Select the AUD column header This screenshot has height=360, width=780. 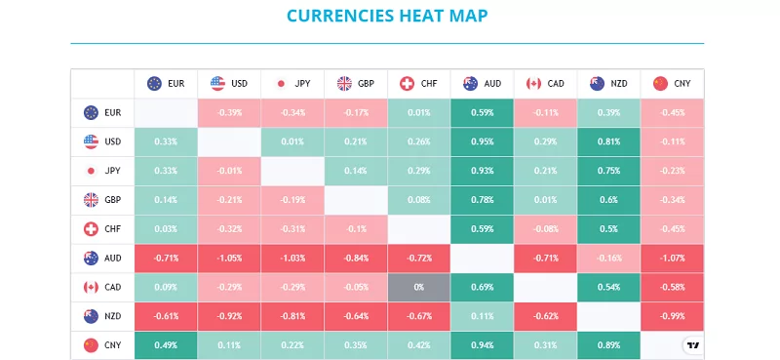click(x=483, y=84)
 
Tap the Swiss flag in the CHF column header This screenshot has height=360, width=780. click(x=407, y=84)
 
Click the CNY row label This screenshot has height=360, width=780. click(x=102, y=345)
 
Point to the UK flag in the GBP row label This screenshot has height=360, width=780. click(x=92, y=200)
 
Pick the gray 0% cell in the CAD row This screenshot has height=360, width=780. click(x=419, y=288)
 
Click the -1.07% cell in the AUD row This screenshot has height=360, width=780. click(x=672, y=259)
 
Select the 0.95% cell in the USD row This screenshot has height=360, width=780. click(x=483, y=141)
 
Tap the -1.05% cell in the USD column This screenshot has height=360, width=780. click(x=229, y=259)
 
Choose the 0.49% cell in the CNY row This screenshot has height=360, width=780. click(x=166, y=345)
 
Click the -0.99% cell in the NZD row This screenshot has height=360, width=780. click(x=672, y=317)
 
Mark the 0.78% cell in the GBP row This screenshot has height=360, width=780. click(x=483, y=200)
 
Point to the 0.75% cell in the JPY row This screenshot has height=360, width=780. click(x=608, y=171)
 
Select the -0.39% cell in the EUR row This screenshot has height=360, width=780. click(x=229, y=112)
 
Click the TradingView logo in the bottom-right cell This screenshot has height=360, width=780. click(x=691, y=345)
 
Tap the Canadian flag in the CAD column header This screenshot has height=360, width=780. click(x=533, y=84)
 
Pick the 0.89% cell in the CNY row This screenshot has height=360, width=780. click(x=608, y=345)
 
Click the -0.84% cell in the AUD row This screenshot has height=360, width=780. click(x=356, y=259)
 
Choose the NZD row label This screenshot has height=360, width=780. click(x=102, y=317)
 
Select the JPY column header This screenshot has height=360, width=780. click(x=292, y=84)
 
